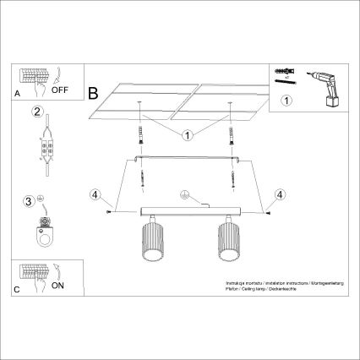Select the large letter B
click(94, 90)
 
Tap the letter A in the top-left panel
click(18, 95)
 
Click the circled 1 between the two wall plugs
click(184, 134)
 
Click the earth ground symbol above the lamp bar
click(180, 194)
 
